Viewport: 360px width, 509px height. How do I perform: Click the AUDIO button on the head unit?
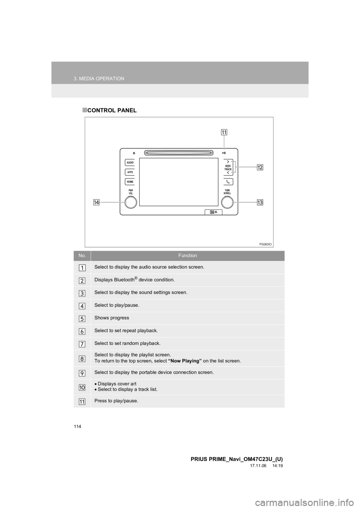(130, 163)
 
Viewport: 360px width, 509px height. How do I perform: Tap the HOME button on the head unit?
(130, 182)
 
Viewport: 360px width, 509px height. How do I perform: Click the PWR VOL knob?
(131, 202)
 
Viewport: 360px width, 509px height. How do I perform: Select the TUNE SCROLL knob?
(227, 202)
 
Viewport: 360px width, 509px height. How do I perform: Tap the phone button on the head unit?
(227, 182)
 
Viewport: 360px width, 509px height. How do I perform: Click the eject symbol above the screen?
(133, 153)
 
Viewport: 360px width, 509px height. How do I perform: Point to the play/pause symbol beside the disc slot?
(224, 153)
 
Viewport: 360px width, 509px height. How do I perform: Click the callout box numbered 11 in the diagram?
(224, 132)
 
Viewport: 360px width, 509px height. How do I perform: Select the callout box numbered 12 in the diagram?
(260, 167)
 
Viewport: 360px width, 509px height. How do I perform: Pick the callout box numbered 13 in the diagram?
(260, 202)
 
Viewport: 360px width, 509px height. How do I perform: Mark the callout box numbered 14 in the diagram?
(97, 202)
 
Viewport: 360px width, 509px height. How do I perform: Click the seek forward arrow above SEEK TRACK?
(228, 161)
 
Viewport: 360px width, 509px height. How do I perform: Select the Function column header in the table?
(187, 255)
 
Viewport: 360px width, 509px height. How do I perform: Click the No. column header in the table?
(81, 255)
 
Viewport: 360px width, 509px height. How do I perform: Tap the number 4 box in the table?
(82, 305)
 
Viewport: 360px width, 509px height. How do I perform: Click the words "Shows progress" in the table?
(111, 318)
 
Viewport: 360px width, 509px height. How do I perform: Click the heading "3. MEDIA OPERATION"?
(99, 79)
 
